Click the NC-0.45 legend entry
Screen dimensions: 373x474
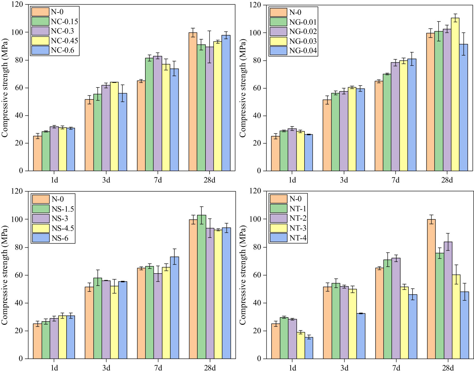[x=64, y=41]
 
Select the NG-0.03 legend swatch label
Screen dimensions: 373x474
[x=303, y=41]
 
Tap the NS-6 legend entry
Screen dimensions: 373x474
[x=60, y=238]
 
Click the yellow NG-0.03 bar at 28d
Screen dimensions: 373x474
[x=455, y=95]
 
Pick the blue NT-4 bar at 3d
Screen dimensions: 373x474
[x=361, y=336]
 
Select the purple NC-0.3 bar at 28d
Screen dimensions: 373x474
[x=210, y=108]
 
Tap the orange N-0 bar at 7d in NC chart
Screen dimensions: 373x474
[x=141, y=126]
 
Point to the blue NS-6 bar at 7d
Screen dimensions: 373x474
[x=174, y=307]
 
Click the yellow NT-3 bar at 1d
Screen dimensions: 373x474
[x=300, y=345]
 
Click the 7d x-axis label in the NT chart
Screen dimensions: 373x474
[x=396, y=368]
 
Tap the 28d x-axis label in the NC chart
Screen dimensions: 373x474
[x=210, y=180]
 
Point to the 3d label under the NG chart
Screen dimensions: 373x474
[x=344, y=180]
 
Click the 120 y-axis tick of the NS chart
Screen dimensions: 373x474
[x=17, y=191]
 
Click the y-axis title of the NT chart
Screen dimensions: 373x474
[x=243, y=275]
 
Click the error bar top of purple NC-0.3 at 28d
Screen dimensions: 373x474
[x=210, y=31]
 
